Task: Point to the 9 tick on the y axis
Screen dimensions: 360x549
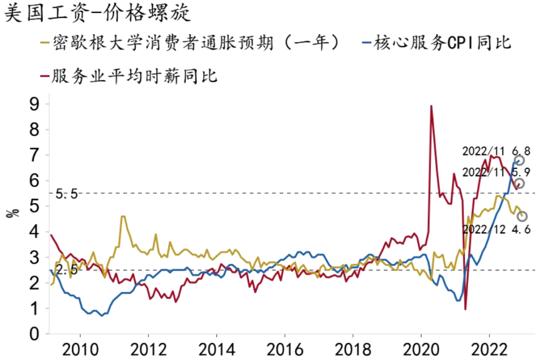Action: click(35, 104)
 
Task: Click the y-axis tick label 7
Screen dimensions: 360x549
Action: click(35, 155)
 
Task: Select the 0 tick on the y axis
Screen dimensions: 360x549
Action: click(35, 334)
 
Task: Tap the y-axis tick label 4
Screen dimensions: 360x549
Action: click(35, 232)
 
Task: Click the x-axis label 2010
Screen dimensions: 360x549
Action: click(80, 350)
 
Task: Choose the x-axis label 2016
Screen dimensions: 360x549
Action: click(284, 350)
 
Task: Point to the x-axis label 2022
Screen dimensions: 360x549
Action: click(489, 350)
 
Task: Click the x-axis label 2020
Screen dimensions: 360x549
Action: click(421, 350)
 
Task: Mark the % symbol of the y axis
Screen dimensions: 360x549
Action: click(12, 213)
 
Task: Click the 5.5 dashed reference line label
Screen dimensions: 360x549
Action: click(66, 194)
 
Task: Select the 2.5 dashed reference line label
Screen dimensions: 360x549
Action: click(66, 270)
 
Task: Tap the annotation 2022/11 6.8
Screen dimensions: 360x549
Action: click(496, 151)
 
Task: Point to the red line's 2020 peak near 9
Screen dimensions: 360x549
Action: click(431, 106)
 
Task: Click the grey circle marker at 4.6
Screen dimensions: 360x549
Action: click(522, 216)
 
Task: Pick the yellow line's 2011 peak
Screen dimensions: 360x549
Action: click(123, 217)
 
